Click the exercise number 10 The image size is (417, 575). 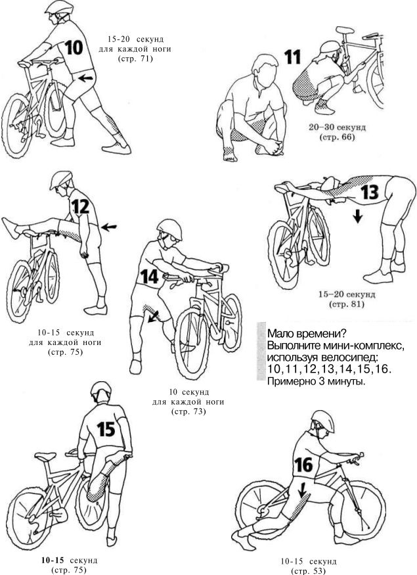(74, 47)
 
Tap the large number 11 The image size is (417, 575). (293, 57)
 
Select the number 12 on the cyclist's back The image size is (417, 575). (81, 206)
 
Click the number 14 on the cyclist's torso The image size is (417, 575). (150, 277)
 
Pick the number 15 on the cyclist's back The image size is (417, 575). (106, 429)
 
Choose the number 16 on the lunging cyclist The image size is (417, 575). (304, 465)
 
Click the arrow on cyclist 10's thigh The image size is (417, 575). (85, 78)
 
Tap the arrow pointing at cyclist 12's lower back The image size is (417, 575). (109, 227)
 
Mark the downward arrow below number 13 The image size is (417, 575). (358, 216)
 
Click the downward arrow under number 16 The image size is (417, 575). (302, 490)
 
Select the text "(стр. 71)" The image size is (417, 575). (135, 58)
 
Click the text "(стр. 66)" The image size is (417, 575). (337, 137)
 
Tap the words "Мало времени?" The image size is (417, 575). (307, 334)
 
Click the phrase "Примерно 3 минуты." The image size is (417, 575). (317, 381)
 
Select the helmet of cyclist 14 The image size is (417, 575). (170, 229)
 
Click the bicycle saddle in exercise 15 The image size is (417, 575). (45, 456)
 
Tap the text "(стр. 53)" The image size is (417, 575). (308, 570)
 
